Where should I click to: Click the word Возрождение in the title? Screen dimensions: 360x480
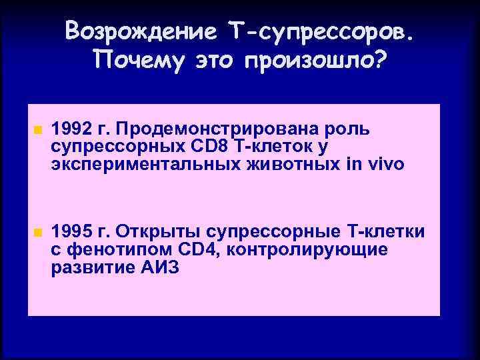(141, 31)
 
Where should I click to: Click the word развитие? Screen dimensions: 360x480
(89, 268)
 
